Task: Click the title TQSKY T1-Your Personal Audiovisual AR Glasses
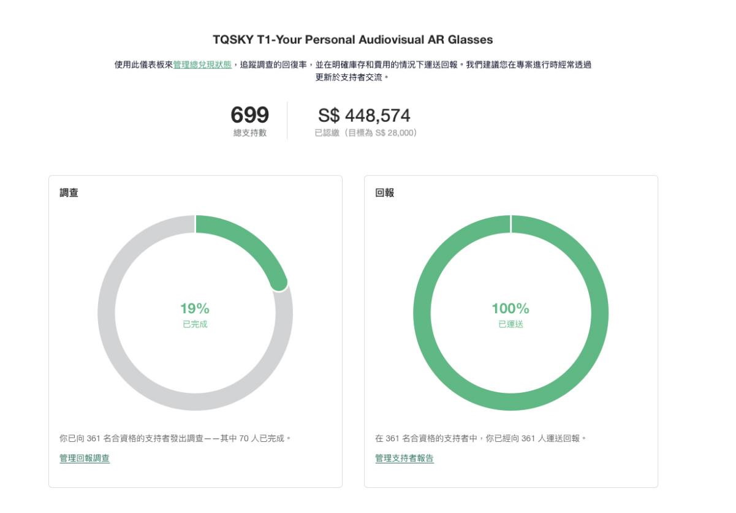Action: (352, 40)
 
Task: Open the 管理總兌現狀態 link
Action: (202, 64)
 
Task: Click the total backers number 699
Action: (249, 115)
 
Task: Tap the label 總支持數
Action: (249, 133)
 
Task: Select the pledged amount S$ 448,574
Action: (364, 115)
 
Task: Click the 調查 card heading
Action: (69, 193)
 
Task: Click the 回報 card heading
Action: (384, 193)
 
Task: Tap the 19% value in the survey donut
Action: (195, 309)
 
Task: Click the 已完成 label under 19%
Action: (195, 324)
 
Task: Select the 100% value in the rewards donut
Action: (510, 309)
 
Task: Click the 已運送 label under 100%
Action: (510, 324)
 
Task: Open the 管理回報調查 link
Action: (85, 458)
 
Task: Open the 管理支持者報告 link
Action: (404, 458)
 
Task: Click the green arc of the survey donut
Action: (245, 238)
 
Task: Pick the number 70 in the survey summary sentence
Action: (245, 438)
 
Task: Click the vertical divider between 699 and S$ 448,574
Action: (287, 121)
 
